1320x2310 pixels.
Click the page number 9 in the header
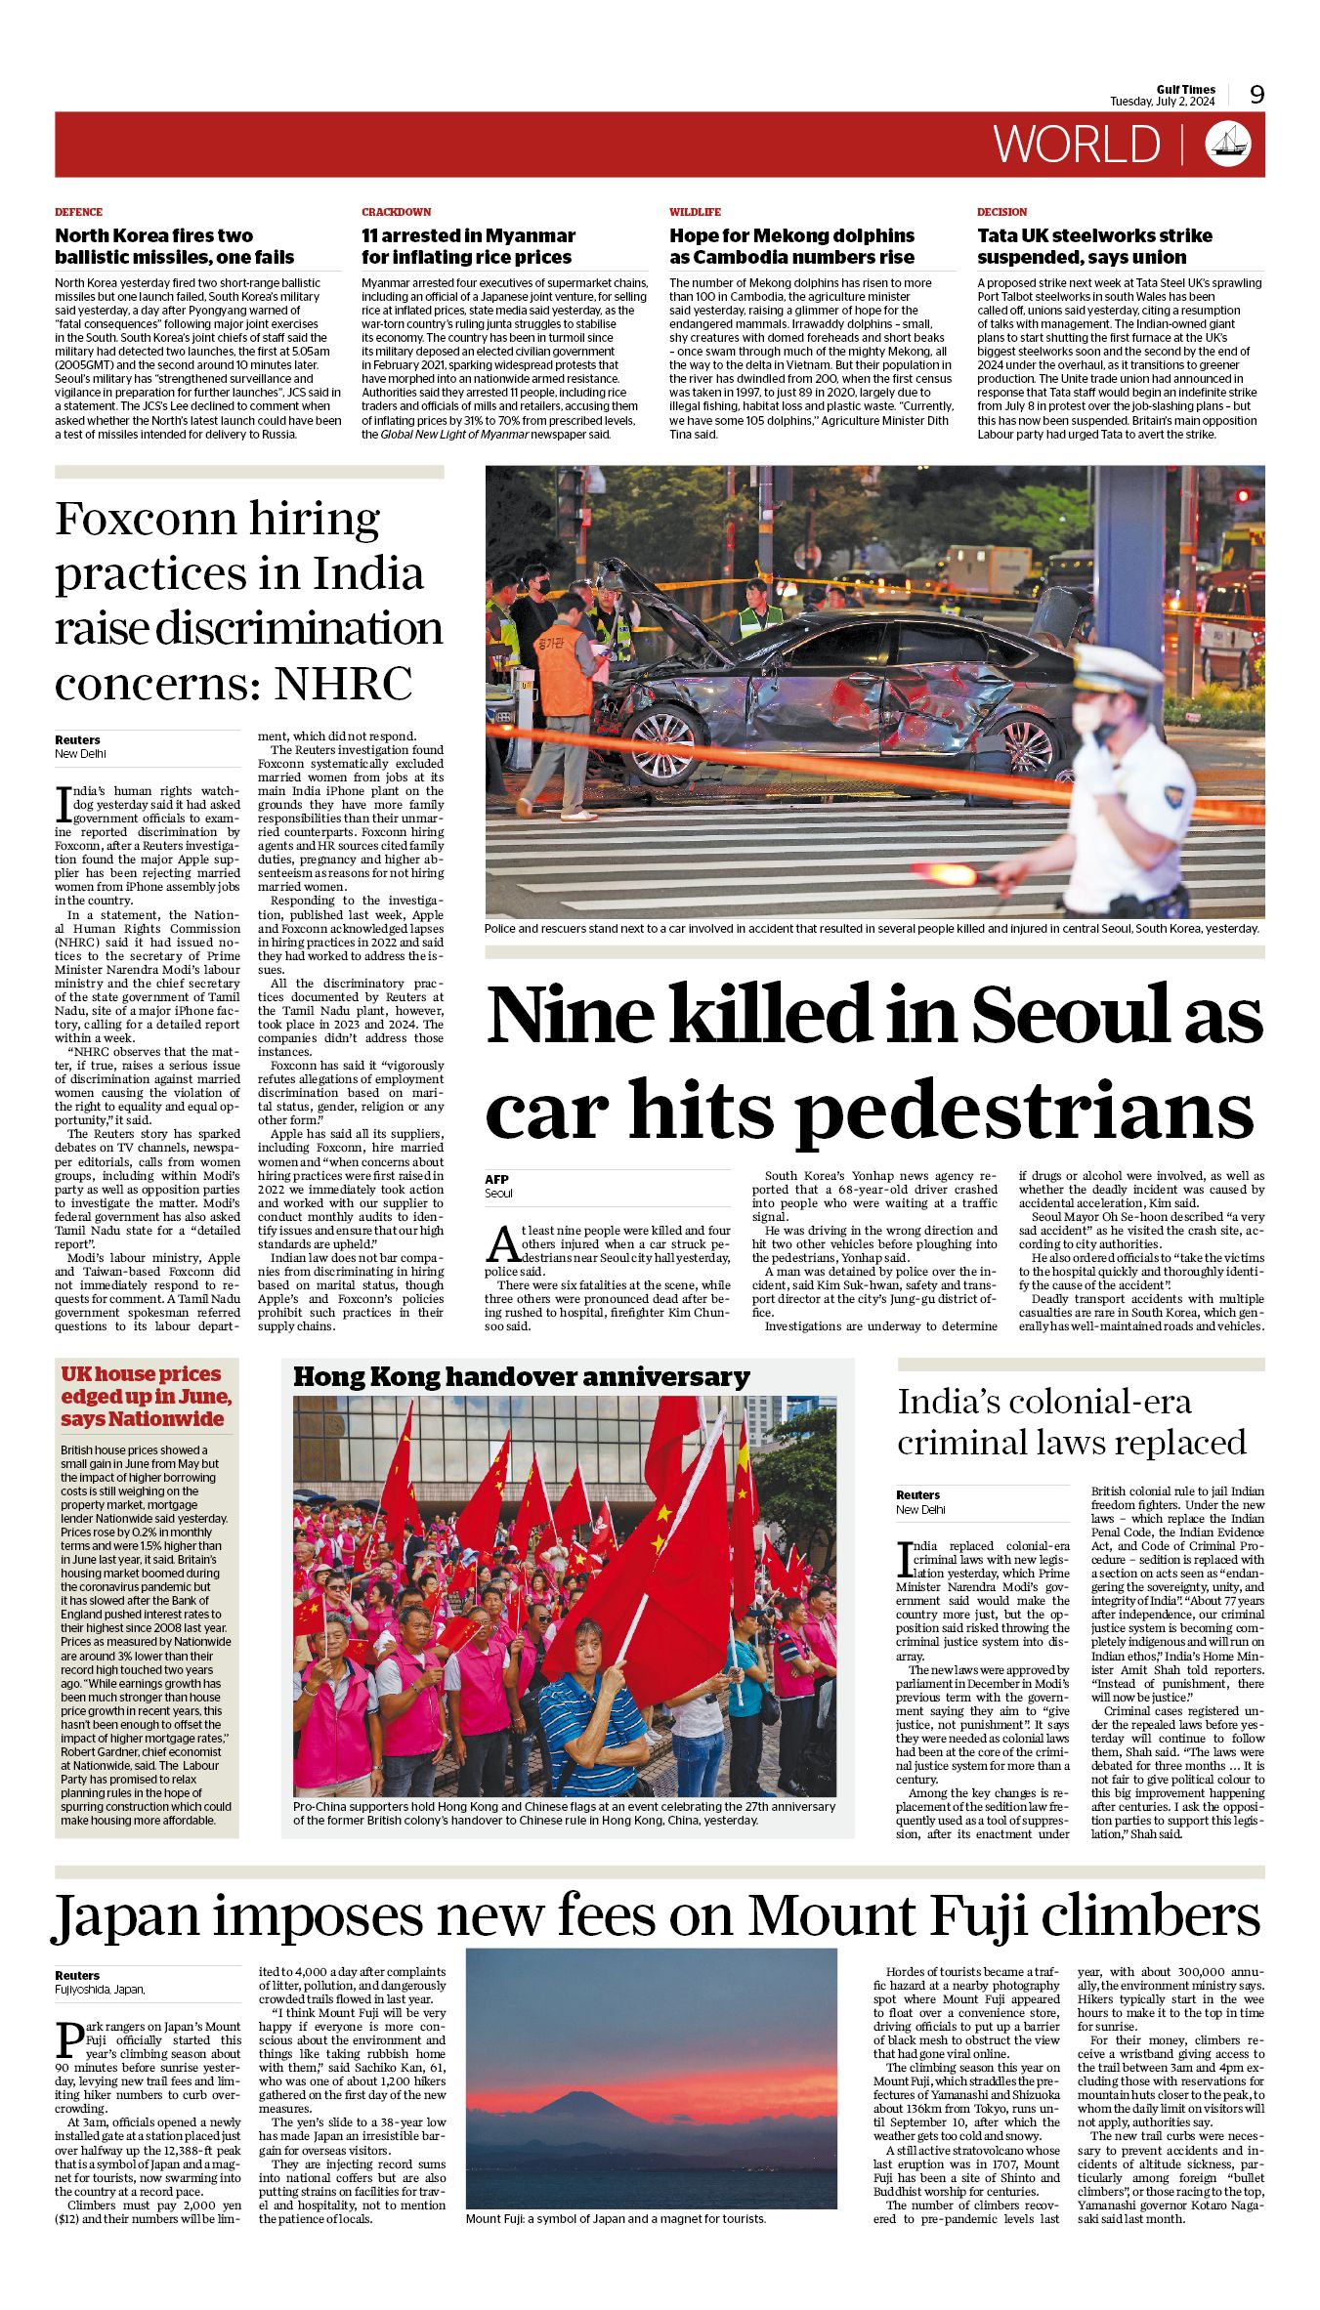tap(1256, 94)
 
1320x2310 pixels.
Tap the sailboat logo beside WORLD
tap(1228, 144)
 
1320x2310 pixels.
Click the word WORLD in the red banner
tap(1077, 145)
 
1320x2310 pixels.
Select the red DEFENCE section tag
tap(78, 212)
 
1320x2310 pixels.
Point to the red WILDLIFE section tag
tap(695, 212)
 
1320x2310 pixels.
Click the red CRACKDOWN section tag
tap(396, 212)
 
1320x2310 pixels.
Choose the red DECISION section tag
tap(1001, 212)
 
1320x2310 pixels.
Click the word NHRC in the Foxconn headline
tap(343, 684)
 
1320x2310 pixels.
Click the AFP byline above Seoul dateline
tap(496, 1179)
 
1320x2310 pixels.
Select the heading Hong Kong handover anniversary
tap(521, 1377)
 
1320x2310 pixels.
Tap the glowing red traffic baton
tap(948, 872)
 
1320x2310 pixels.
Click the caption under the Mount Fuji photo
tap(616, 2219)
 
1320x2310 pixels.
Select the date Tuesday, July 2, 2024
tap(1162, 102)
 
